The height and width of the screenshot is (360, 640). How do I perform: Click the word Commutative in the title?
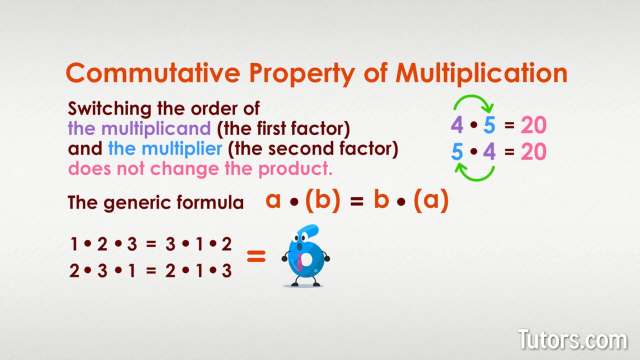153,73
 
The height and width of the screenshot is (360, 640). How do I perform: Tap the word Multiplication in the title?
481,73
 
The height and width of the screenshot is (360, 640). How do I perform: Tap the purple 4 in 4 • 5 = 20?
457,125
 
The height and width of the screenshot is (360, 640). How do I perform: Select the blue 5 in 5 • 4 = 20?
457,151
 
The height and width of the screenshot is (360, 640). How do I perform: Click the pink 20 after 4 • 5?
533,125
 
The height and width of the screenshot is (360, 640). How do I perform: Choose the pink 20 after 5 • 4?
533,151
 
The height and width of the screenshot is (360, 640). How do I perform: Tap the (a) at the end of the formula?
431,200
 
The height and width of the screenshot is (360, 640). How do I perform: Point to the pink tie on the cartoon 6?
300,261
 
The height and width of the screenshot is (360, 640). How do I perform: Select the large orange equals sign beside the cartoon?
256,257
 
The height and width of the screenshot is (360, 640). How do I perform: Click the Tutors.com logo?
572,340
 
